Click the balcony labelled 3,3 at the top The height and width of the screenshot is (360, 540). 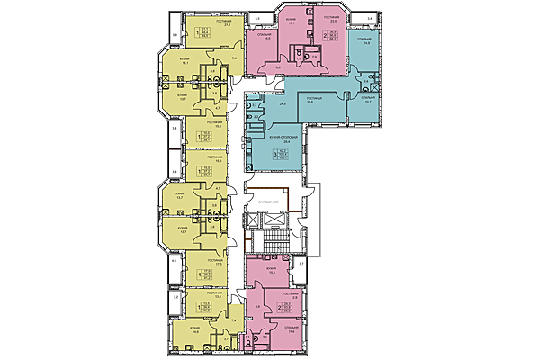click(x=256, y=18)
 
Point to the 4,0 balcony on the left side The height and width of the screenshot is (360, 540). click(x=174, y=261)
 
